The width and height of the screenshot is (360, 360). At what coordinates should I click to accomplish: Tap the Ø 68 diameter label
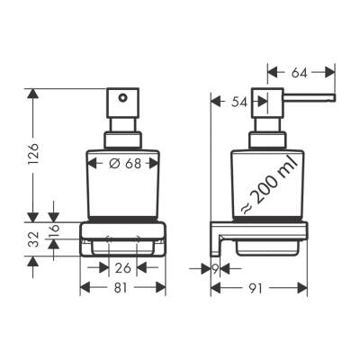pyautogui.click(x=122, y=163)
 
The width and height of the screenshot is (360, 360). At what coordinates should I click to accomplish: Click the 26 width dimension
pyautogui.click(x=122, y=266)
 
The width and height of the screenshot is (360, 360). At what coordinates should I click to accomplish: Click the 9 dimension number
pyautogui.click(x=216, y=267)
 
